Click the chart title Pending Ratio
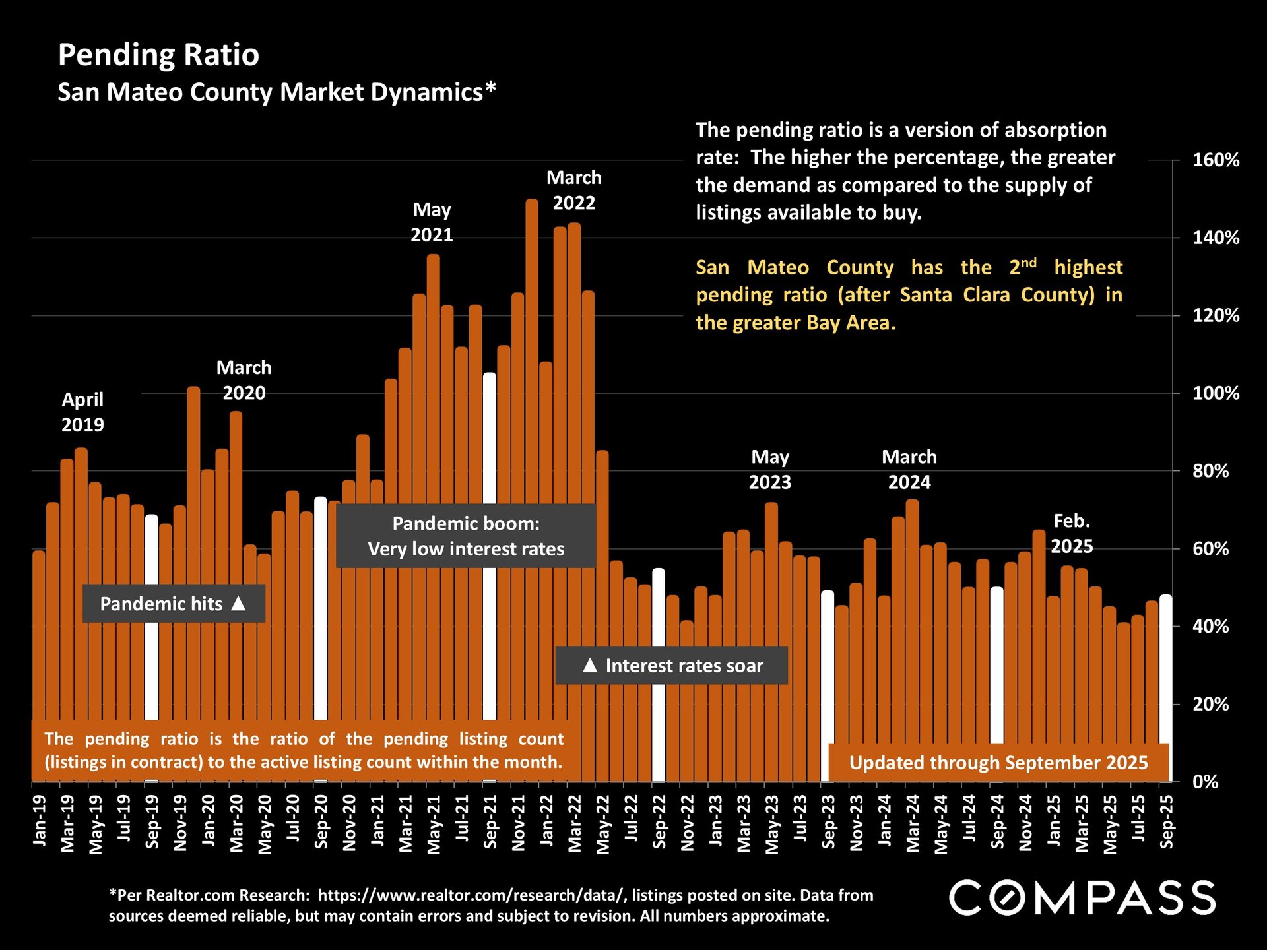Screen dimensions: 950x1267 (158, 55)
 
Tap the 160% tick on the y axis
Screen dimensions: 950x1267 (1216, 160)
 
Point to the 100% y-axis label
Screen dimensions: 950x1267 (1216, 394)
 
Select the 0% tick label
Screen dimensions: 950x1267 (1205, 782)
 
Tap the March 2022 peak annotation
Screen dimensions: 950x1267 (573, 191)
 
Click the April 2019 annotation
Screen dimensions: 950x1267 (82, 412)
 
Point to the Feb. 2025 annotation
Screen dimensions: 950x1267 (1072, 534)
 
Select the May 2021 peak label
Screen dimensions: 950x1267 (432, 222)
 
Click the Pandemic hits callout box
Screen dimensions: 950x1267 (174, 604)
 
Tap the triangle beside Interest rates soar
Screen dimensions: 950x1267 (590, 665)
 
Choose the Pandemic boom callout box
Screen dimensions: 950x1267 (466, 536)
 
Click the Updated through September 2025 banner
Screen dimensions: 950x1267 (998, 763)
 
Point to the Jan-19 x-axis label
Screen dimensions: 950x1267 (40, 819)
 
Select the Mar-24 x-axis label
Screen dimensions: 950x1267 (913, 823)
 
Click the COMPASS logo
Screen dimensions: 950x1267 (1082, 898)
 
